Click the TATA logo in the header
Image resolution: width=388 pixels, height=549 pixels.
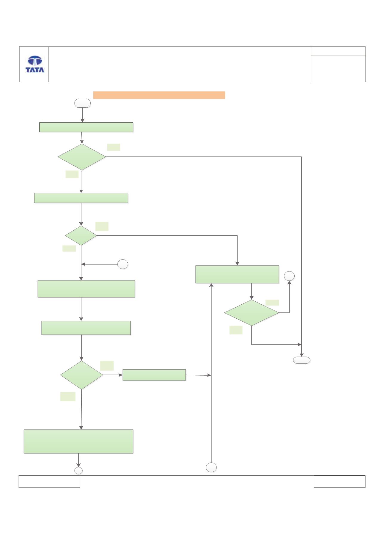click(35, 64)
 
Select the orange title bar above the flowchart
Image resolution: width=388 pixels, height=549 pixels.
click(159, 95)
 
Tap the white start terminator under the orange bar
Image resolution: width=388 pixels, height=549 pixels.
click(82, 103)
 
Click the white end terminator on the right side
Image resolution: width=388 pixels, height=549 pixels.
click(302, 360)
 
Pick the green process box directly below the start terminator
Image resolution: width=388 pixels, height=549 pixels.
click(86, 127)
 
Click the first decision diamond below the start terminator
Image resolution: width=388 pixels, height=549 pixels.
click(82, 157)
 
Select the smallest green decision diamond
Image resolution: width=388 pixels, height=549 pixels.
click(81, 236)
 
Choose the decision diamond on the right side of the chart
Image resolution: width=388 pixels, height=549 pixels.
click(252, 313)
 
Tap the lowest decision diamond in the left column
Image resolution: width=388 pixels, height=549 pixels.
click(81, 375)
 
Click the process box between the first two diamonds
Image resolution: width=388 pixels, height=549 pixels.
click(81, 198)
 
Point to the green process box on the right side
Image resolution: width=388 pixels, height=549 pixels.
click(237, 274)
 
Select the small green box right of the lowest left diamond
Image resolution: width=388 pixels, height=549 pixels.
click(154, 375)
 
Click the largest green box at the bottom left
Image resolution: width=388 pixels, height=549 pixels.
click(78, 442)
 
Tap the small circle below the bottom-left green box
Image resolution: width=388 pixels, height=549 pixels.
click(78, 471)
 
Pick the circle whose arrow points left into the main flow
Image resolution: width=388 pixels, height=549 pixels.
click(123, 264)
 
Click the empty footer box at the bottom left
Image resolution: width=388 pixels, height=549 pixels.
click(50, 482)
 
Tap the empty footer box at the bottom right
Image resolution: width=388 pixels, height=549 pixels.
click(339, 482)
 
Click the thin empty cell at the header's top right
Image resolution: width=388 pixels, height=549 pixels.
click(338, 51)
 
